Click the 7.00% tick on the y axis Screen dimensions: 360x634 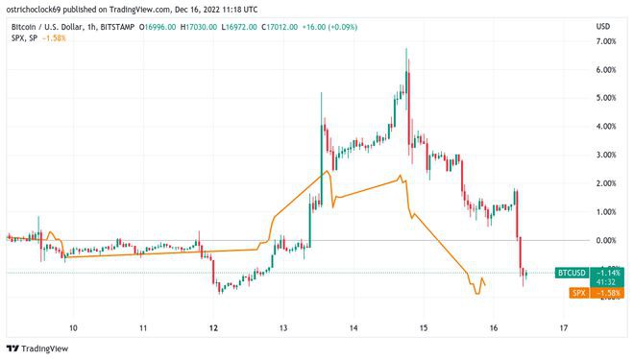click(x=605, y=42)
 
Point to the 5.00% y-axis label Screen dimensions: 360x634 click(x=605, y=98)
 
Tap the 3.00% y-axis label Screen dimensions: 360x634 click(x=605, y=155)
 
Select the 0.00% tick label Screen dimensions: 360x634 click(x=605, y=239)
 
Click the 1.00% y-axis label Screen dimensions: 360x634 click(x=605, y=211)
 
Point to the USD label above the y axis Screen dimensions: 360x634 click(x=603, y=25)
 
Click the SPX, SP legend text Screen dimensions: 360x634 click(x=24, y=37)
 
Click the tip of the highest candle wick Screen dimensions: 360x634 click(x=406, y=47)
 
